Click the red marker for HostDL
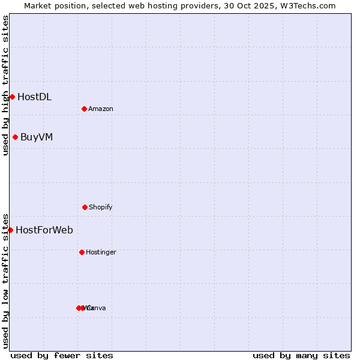(x=12, y=97)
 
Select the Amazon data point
(x=84, y=109)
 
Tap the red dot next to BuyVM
(x=15, y=137)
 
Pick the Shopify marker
(x=85, y=207)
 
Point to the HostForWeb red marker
(x=10, y=230)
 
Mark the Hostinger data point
(x=82, y=252)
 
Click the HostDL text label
(x=34, y=97)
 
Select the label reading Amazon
(x=101, y=109)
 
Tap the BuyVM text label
(x=37, y=137)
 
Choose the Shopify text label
(x=101, y=207)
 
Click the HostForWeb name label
(x=44, y=230)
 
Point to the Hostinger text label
(x=101, y=252)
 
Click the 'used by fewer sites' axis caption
(x=62, y=355)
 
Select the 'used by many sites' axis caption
(x=301, y=355)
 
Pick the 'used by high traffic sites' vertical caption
(x=5, y=85)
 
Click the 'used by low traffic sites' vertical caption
(x=5, y=280)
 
